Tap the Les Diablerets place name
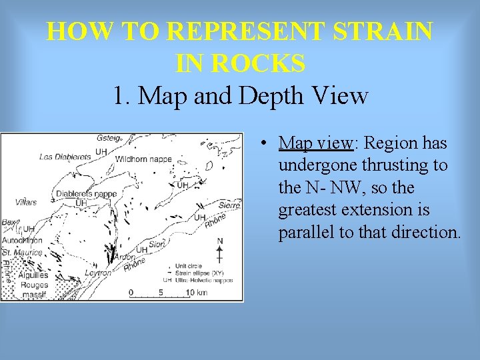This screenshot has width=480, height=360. pos(65,157)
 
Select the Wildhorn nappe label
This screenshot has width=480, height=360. pos(143,160)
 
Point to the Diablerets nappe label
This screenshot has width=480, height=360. pos(86,194)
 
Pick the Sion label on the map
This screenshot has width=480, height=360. pos(156,245)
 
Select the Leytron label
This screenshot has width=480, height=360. pos(97,273)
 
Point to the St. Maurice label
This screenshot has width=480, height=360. pos(21,253)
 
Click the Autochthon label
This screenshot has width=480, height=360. pos(21,240)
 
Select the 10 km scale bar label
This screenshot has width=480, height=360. pos(198,293)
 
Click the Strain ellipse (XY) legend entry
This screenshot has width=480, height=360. pos(201,273)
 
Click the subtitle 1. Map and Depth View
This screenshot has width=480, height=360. pos(240,95)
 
